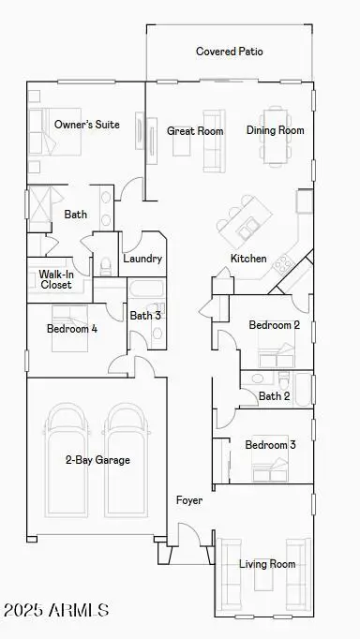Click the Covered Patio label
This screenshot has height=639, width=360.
point(229,52)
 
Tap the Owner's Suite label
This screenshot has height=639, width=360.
point(87,125)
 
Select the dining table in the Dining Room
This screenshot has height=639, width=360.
point(276,136)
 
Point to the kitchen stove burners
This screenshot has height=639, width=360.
point(284,265)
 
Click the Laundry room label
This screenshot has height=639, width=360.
point(142,259)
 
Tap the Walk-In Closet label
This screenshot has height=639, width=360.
point(56,279)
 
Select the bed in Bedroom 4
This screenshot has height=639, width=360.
point(69,328)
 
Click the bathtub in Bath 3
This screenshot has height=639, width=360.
point(146,289)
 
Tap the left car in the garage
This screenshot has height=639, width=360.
point(67,460)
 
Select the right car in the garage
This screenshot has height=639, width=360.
point(126,460)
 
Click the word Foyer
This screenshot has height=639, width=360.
point(189,500)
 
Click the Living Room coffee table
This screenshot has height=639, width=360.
point(263,574)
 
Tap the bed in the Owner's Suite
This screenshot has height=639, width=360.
point(55,131)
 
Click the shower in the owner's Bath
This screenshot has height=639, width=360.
point(39,209)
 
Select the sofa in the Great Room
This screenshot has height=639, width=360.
point(214,141)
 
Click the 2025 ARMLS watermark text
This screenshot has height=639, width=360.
point(56,610)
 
